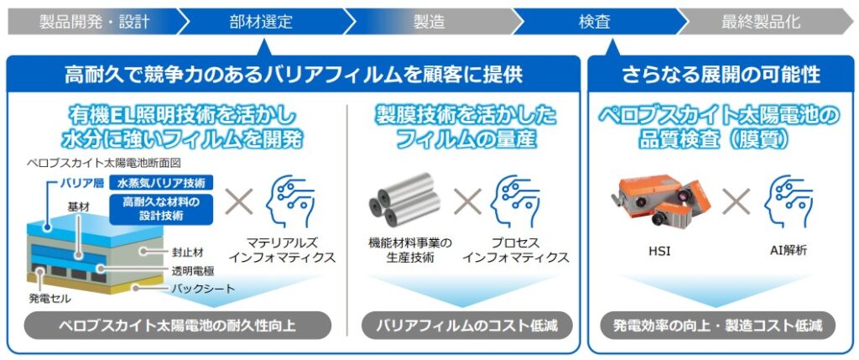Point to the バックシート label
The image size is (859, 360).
pos(201,289)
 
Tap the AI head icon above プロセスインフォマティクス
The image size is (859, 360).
pos(516,201)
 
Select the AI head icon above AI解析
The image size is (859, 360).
pos(787,201)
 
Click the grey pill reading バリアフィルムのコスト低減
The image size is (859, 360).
pos(466,325)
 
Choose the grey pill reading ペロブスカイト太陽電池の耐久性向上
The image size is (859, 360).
pos(177,325)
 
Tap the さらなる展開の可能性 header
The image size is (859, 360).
pos(721,75)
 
